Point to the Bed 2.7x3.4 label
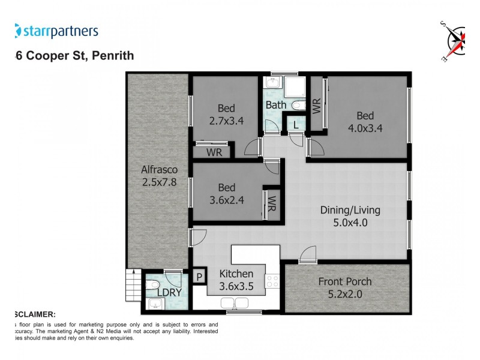coord(226,114)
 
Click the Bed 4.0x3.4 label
coord(365,121)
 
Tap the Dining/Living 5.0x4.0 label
coord(350,216)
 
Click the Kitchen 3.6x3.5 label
coord(236,280)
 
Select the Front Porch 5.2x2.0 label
coord(346,288)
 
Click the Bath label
coord(277,105)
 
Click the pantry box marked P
coord(199,277)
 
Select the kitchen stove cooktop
coord(273,281)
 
